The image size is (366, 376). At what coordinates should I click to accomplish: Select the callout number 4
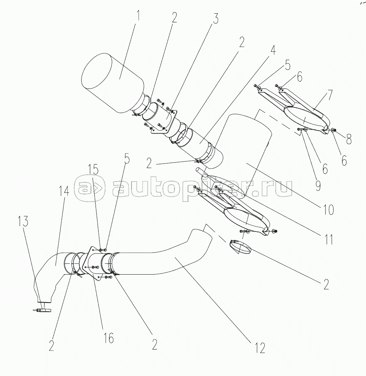point(272,50)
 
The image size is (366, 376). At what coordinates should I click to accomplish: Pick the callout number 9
point(317,185)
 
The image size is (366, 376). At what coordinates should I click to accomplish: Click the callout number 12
point(260,347)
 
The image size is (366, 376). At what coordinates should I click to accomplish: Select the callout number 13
point(24,222)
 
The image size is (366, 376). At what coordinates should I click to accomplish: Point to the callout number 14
point(64,191)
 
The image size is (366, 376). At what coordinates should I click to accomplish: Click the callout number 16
point(108,338)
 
